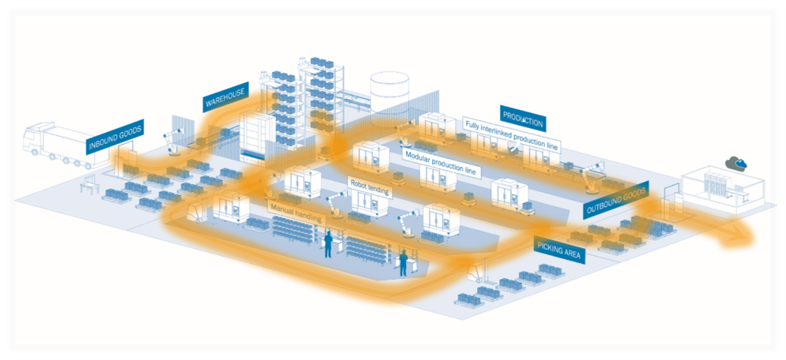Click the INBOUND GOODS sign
(x=115, y=136)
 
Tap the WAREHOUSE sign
(x=226, y=97)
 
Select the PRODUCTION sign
(x=523, y=118)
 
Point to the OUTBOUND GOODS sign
(x=616, y=199)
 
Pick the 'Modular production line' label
(x=441, y=163)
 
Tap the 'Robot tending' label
(x=369, y=186)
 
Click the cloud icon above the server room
(x=735, y=163)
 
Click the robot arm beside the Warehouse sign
(x=172, y=141)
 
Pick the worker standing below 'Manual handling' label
(x=328, y=244)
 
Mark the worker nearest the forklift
(x=403, y=262)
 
